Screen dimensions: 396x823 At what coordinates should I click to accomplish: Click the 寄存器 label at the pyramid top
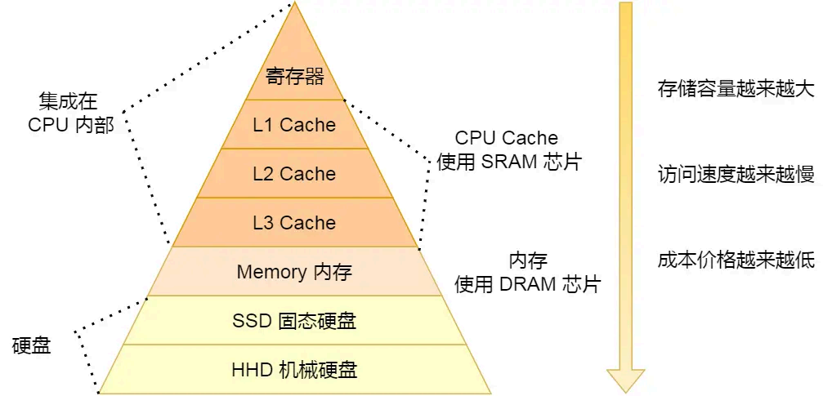[295, 77]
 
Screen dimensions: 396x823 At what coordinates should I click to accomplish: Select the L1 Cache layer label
[294, 125]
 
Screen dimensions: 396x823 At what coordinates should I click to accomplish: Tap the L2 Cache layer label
[294, 174]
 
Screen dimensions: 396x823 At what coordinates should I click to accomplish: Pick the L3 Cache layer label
[294, 223]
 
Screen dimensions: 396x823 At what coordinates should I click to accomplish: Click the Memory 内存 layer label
[294, 272]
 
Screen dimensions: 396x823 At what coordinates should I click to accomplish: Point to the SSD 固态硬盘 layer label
[294, 321]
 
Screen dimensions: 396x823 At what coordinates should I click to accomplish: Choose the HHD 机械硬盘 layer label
[294, 370]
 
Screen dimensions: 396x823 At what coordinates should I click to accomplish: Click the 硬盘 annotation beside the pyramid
[32, 345]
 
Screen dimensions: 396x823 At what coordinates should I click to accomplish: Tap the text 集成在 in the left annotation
[68, 101]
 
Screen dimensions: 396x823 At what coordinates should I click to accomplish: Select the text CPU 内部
[71, 125]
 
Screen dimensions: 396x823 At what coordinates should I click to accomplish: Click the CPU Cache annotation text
[507, 138]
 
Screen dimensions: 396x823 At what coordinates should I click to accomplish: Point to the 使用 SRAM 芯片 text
[509, 162]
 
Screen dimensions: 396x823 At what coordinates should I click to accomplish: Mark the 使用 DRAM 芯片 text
[528, 284]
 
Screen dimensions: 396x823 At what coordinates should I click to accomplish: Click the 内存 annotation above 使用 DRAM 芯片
[528, 260]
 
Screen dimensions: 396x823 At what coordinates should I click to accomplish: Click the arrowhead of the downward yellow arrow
[625, 378]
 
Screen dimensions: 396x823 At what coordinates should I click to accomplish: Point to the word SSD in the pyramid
[252, 321]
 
